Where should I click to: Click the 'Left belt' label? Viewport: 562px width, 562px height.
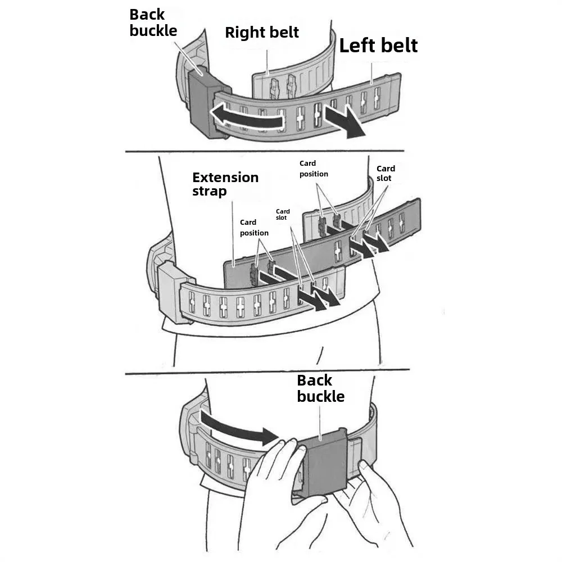[378, 45]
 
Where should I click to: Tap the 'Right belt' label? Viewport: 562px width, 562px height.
[262, 32]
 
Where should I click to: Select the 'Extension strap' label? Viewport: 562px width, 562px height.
[225, 184]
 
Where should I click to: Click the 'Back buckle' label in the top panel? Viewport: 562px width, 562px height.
[153, 22]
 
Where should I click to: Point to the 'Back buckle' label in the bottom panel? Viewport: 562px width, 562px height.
[320, 388]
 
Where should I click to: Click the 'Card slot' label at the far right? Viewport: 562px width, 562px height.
[386, 173]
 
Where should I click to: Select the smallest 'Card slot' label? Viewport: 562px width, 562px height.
[283, 215]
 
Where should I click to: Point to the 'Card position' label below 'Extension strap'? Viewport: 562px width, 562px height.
[254, 228]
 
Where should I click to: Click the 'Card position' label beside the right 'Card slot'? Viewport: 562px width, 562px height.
[314, 169]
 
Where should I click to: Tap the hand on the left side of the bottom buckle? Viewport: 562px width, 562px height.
[275, 489]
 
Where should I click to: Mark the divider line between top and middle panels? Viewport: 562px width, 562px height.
[264, 151]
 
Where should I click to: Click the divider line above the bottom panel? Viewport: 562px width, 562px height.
[267, 371]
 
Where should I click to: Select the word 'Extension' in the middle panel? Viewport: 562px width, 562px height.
[225, 178]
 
